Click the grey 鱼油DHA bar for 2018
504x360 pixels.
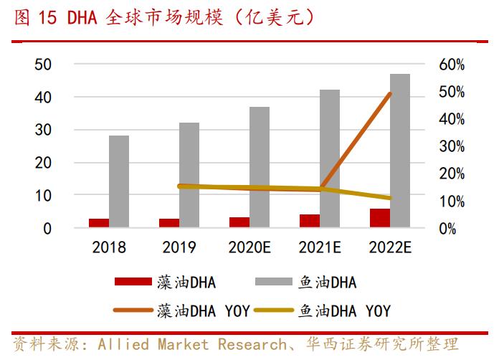coord(119,181)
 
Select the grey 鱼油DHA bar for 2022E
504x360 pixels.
coord(400,151)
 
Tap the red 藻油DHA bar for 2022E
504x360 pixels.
coord(380,218)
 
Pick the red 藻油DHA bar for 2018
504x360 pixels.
coord(99,223)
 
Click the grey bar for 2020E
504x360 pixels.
coord(260,167)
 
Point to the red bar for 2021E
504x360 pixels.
coord(310,221)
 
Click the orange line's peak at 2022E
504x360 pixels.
coord(390,93)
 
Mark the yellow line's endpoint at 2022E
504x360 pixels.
coord(390,198)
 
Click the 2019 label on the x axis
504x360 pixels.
coord(179,247)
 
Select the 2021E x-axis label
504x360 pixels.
coord(320,247)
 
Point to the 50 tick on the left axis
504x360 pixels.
coord(42,65)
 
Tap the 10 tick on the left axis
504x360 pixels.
coord(42,196)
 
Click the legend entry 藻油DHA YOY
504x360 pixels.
coord(203,311)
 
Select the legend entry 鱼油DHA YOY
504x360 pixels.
coord(344,311)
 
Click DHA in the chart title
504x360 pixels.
coord(83,17)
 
